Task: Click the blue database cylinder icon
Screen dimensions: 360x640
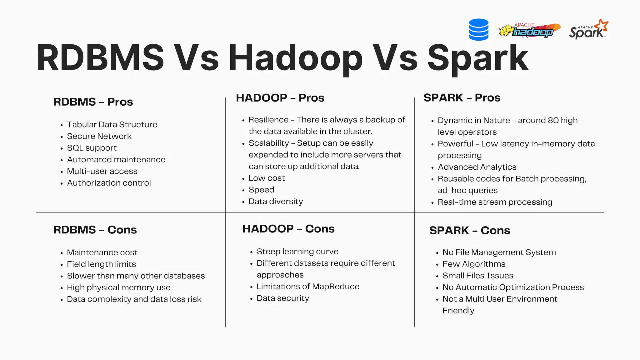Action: click(478, 30)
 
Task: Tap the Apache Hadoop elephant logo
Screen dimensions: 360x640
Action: click(529, 31)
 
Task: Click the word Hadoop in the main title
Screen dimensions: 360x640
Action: click(295, 58)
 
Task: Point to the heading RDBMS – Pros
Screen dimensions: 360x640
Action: click(93, 102)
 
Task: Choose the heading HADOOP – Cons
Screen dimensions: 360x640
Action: click(288, 229)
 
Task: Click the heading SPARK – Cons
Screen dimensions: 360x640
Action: click(469, 230)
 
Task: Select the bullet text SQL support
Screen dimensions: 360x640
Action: click(92, 148)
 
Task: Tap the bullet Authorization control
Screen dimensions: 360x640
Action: click(109, 183)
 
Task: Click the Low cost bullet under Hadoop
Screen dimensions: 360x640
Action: click(267, 178)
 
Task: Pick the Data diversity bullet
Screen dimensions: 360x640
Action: click(276, 202)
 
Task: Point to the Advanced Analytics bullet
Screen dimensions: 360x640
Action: click(477, 167)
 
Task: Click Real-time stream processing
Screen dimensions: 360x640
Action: click(495, 202)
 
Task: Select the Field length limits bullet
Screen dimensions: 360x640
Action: click(101, 264)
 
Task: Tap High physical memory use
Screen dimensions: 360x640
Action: click(118, 287)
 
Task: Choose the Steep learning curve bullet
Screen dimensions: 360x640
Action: click(297, 252)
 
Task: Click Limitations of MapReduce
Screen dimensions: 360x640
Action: click(308, 287)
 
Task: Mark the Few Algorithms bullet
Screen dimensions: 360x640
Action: click(474, 264)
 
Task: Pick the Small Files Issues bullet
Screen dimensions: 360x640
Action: click(478, 276)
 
